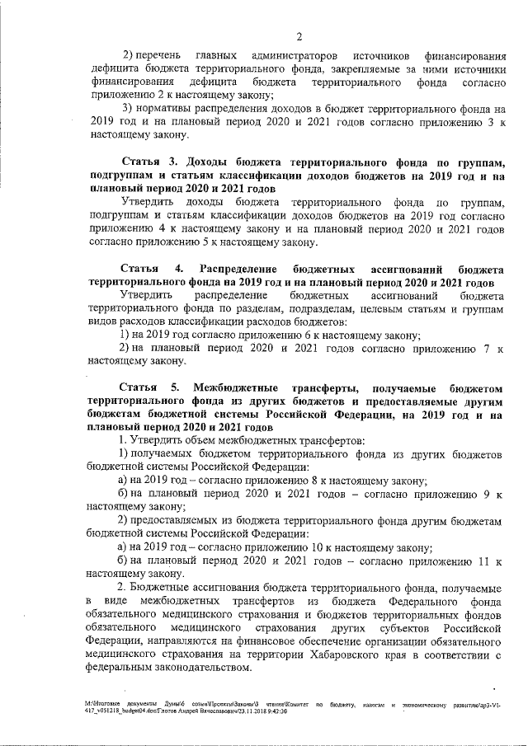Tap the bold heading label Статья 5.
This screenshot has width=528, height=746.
point(149,387)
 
